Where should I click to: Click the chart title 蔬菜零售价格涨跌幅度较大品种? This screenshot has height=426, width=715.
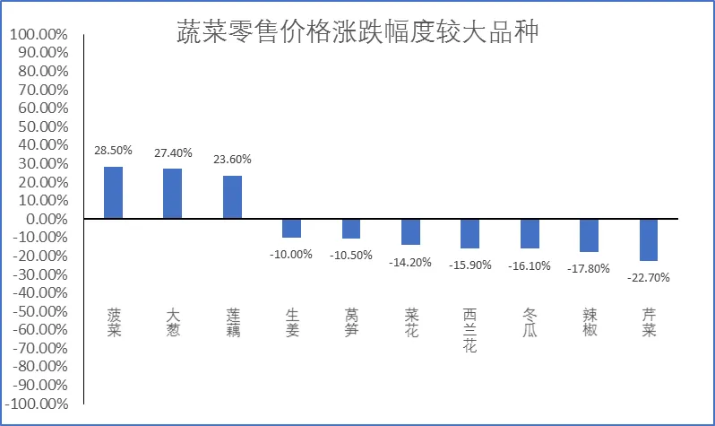pos(357,31)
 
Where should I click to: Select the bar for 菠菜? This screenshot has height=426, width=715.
pos(113,193)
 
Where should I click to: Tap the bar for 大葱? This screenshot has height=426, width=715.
pos(172,194)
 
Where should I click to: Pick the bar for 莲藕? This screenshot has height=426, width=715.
pos(233,197)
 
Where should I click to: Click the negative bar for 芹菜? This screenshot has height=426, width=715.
pos(649,240)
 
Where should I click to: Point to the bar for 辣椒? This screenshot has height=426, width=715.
pos(590,236)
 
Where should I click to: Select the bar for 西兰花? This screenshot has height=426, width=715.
pos(469,234)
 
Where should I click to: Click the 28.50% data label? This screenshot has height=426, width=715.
pos(113,150)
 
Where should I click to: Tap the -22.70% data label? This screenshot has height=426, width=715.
pos(649,278)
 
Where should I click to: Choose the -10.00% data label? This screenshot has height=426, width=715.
pos(291,255)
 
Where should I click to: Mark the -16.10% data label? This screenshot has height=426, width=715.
pos(530,265)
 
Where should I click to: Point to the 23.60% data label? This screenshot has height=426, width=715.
pos(233,160)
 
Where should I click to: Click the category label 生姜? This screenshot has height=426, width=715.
pos(292,322)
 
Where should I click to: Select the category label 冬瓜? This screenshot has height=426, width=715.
pos(530,322)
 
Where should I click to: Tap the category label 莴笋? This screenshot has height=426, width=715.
pos(351,322)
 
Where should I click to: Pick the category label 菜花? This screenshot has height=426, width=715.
pos(411,322)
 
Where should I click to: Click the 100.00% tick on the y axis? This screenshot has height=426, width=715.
pos(39,34)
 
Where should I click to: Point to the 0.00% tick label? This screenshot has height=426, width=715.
pos(47,219)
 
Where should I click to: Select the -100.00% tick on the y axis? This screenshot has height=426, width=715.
pos(37,404)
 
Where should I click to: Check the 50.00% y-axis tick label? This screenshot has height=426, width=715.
pos(43,126)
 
